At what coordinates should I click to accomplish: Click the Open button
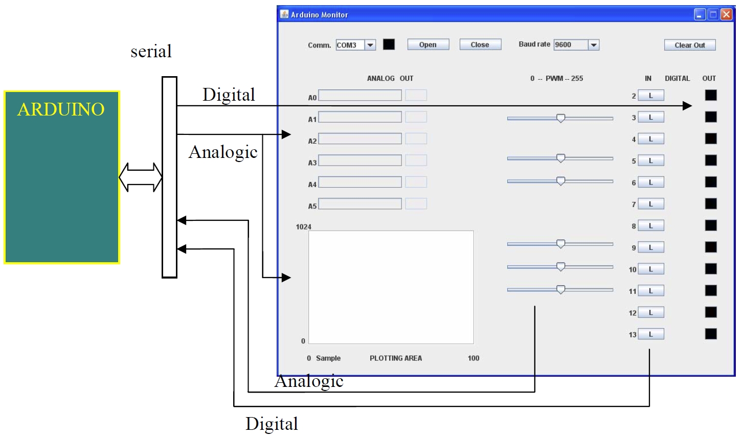[428, 44]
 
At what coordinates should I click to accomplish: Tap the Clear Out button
[690, 45]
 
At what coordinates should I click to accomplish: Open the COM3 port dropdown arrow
[370, 45]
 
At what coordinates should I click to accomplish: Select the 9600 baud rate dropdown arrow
[594, 45]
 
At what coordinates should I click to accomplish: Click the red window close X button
[727, 15]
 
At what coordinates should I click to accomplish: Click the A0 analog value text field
[360, 95]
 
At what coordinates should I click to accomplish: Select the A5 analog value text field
[360, 203]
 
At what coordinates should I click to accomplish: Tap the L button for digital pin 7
[651, 204]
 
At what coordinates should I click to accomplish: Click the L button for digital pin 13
[651, 334]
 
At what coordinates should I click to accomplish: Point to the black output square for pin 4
[711, 139]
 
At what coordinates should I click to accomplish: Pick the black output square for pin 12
[711, 312]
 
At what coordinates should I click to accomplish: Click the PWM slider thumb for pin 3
[560, 119]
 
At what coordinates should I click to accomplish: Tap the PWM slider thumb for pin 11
[560, 289]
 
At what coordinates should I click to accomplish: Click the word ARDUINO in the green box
[61, 109]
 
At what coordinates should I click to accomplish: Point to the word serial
[151, 52]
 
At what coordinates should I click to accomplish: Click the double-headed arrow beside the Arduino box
[141, 177]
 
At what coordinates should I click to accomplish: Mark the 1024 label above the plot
[304, 227]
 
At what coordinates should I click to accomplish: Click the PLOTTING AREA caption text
[396, 358]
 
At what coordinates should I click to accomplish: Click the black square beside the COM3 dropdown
[389, 44]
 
